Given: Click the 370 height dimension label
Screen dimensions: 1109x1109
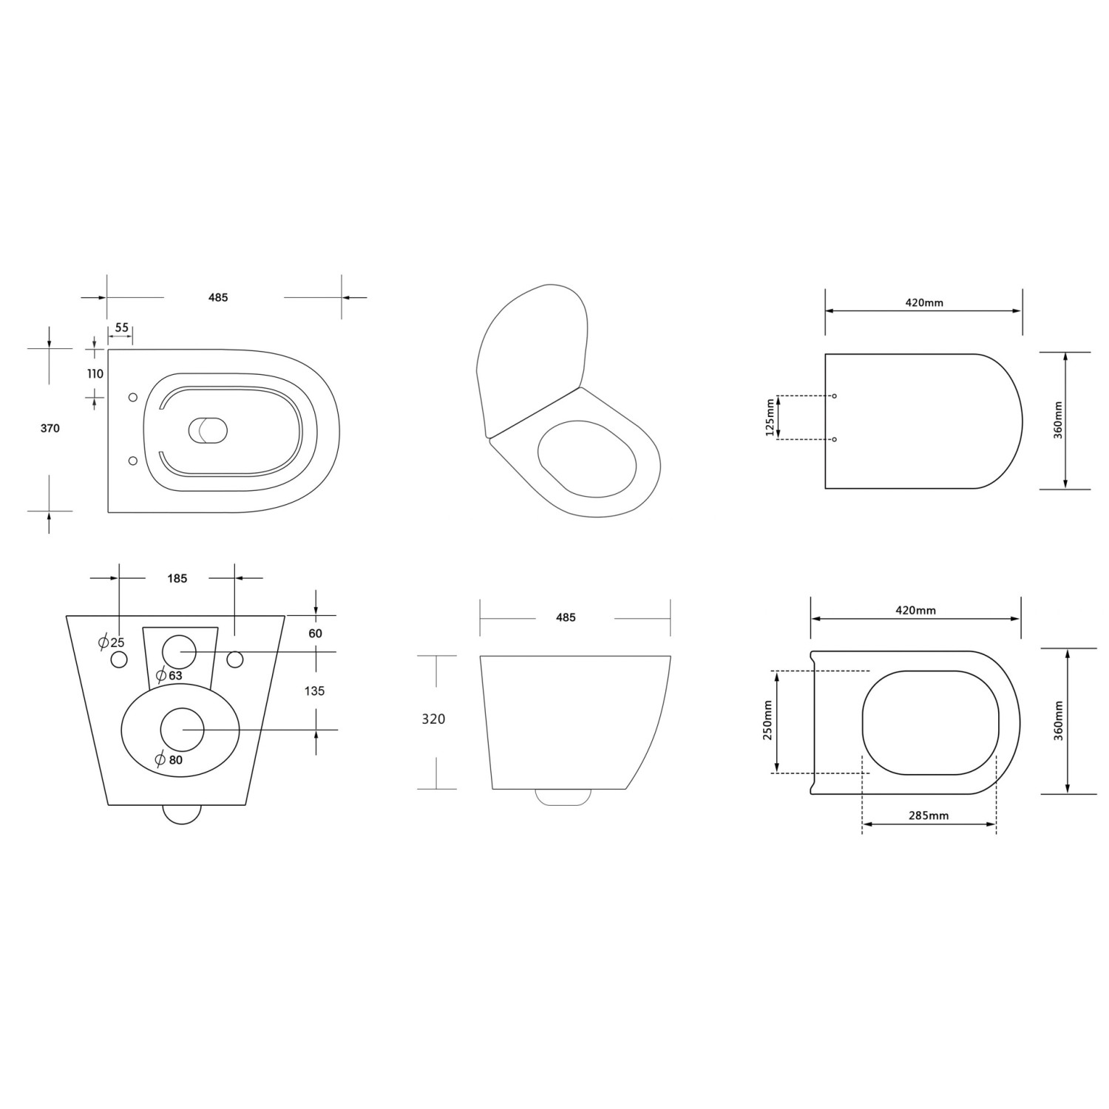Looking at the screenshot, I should [x=50, y=428].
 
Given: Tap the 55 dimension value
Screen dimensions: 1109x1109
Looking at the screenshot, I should [x=121, y=328].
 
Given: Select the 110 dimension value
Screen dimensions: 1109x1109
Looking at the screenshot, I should [x=95, y=374].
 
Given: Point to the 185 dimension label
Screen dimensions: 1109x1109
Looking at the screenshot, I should [x=177, y=578].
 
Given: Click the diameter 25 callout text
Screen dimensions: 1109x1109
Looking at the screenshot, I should [x=112, y=642].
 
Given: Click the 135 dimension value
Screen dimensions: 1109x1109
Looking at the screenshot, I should [x=314, y=691].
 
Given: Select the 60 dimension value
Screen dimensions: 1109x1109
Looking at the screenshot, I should [x=315, y=634].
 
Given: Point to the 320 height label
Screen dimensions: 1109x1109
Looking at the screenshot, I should [x=433, y=719].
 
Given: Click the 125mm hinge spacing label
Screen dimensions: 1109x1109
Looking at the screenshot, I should [x=770, y=418].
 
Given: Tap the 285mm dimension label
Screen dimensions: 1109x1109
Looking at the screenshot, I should [x=928, y=815].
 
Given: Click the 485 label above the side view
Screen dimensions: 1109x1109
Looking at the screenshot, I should [x=566, y=617].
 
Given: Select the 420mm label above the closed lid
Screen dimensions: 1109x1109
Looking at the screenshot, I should [x=924, y=302].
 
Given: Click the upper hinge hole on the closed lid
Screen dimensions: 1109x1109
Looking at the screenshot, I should [x=835, y=396].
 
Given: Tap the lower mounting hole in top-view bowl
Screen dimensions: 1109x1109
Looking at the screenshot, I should [x=133, y=461].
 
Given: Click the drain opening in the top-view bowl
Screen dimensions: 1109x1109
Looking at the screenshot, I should [x=208, y=430].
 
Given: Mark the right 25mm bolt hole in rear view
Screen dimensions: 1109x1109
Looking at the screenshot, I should [x=235, y=658].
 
